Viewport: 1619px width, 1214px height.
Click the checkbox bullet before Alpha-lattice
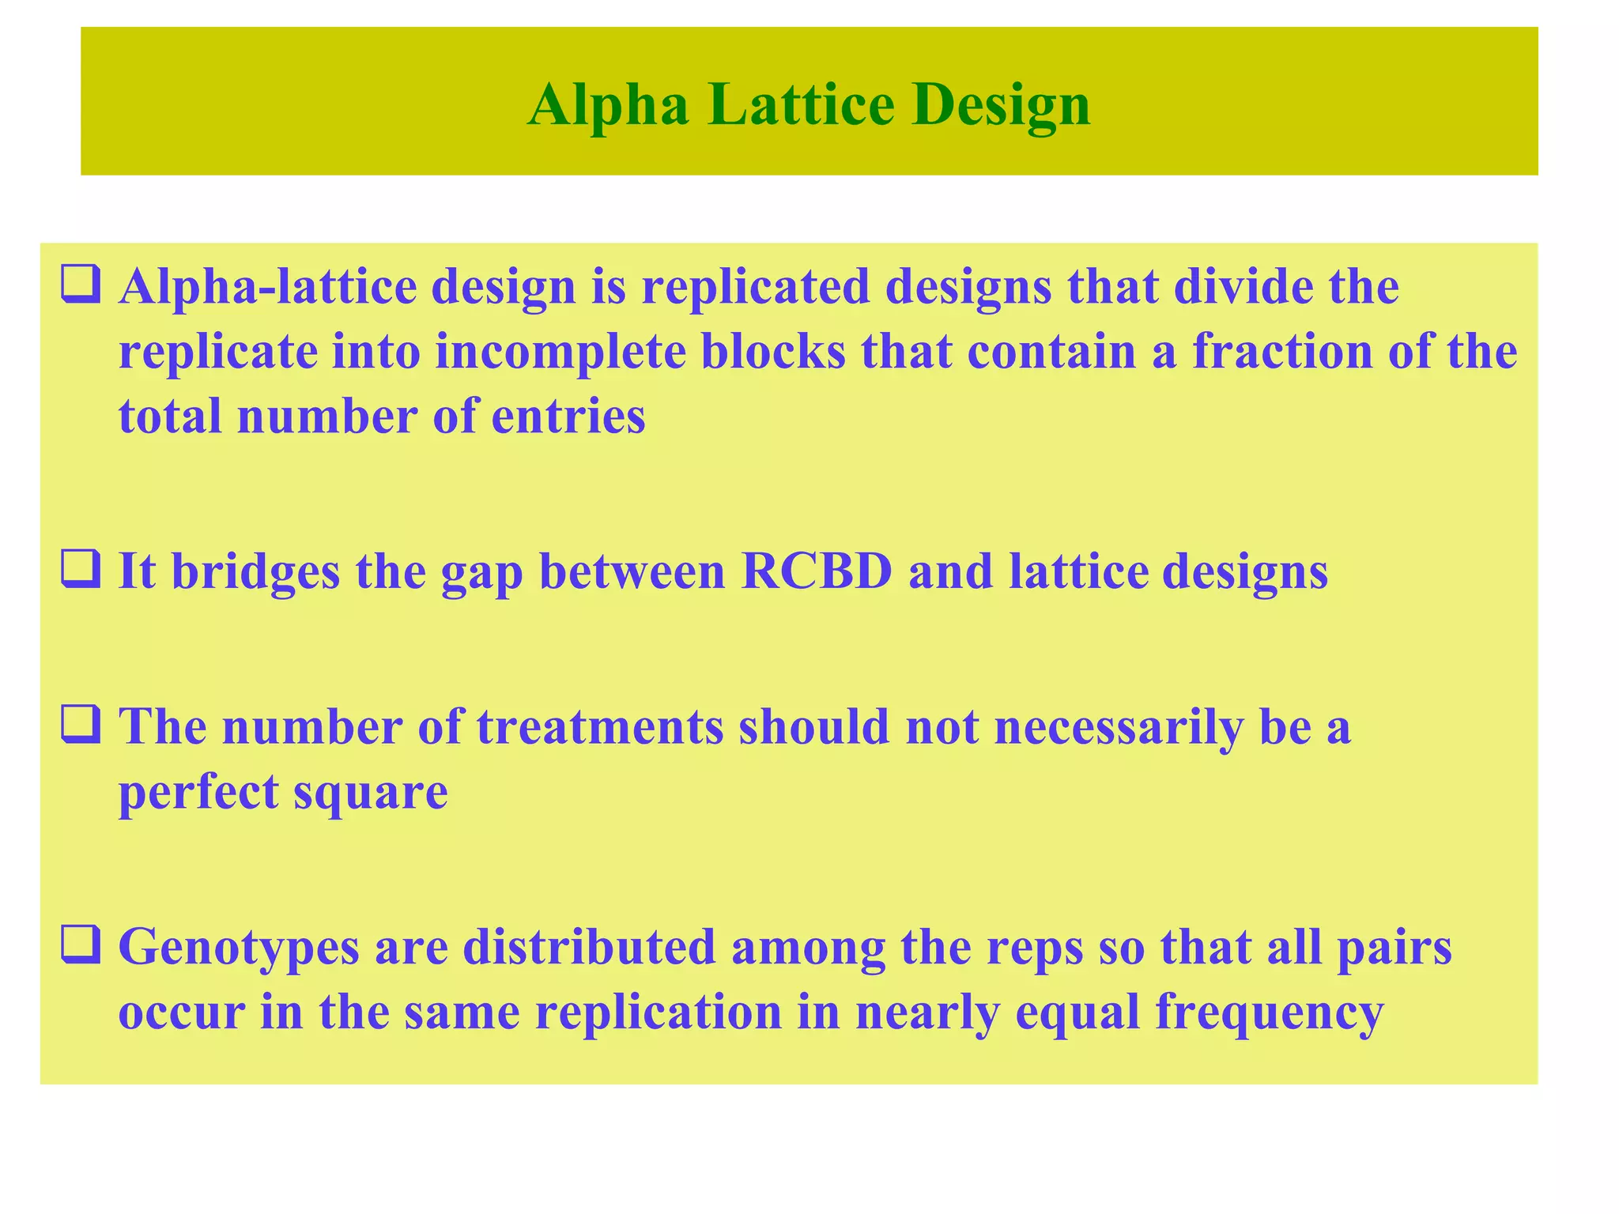point(81,286)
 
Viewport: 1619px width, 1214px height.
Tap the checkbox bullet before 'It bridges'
point(81,571)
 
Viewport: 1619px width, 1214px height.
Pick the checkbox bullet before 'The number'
point(81,726)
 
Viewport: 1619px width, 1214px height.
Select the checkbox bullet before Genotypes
point(81,945)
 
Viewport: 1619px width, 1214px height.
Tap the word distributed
point(589,947)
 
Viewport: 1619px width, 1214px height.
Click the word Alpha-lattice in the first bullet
point(267,288)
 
